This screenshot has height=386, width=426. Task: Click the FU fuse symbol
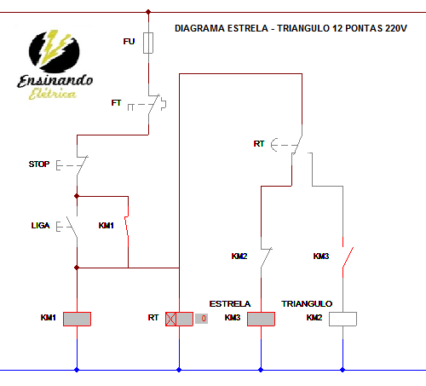pyautogui.click(x=150, y=43)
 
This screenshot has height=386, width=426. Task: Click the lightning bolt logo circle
pyautogui.click(x=55, y=51)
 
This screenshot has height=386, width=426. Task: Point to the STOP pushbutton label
pyautogui.click(x=39, y=164)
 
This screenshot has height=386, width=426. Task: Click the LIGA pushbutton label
pyautogui.click(x=40, y=226)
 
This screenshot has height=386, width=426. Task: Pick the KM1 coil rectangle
pyautogui.click(x=78, y=318)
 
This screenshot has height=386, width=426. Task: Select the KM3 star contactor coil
pyautogui.click(x=260, y=318)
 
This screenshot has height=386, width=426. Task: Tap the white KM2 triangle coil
pyautogui.click(x=343, y=318)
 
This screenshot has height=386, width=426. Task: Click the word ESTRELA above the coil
pyautogui.click(x=230, y=303)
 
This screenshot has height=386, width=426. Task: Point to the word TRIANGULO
pyautogui.click(x=307, y=303)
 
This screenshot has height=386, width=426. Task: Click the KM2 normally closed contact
pyautogui.click(x=266, y=256)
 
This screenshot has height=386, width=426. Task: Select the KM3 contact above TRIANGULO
pyautogui.click(x=346, y=256)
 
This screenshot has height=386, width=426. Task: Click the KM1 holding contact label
pyautogui.click(x=106, y=226)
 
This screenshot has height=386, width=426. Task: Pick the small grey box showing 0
pyautogui.click(x=201, y=319)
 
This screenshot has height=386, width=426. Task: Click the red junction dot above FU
pyautogui.click(x=150, y=12)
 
